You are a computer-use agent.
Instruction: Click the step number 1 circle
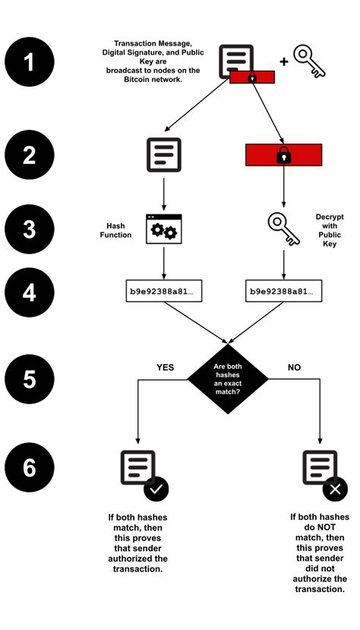(30, 62)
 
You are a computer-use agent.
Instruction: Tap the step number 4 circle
(30, 292)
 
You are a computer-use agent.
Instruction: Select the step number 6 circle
(30, 467)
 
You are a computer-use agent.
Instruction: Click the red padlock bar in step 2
(283, 155)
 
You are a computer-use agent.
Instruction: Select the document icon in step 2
(163, 154)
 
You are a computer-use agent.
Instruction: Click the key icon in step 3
(283, 229)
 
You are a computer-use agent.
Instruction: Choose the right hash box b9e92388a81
(284, 291)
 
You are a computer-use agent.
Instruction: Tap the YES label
(165, 367)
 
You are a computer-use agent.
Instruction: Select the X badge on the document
(335, 489)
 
